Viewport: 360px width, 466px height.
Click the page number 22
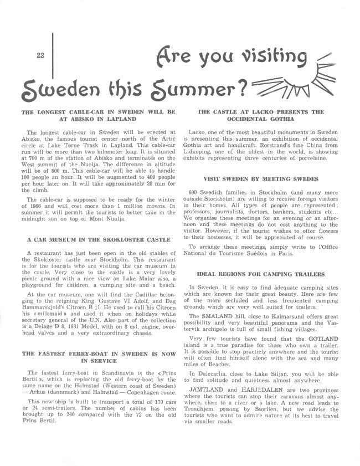click(40, 55)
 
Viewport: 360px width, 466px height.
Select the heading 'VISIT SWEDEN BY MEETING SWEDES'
click(261, 180)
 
